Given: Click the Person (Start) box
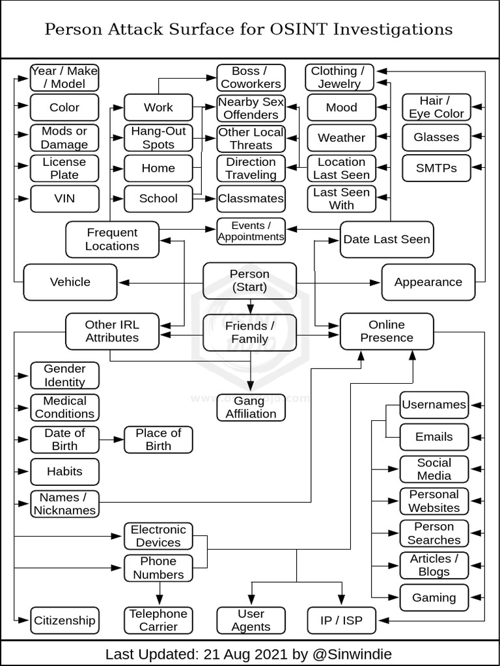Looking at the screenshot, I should pos(250,281).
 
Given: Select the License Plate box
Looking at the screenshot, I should pos(64,168).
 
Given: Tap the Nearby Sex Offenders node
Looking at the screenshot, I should pos(251,108).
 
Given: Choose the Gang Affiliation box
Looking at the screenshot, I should pos(251,407).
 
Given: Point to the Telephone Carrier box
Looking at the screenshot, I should pos(158,620).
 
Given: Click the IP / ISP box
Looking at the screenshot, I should pos(341,620).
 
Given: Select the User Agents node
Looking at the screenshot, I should pos(251,620).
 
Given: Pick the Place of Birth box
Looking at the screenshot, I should pos(158,440).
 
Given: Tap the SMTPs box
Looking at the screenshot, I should pos(436,168).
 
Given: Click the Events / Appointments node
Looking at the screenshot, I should pos(251,231).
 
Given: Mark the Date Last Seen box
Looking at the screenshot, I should pos(387,239).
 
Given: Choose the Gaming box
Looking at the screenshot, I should pos(434,597).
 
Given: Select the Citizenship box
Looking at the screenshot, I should pos(64,620).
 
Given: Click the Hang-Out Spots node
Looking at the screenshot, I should pos(158,137).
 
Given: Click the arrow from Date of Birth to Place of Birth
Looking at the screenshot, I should pos(111,440).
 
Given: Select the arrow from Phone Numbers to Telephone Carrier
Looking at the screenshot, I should pos(158,593).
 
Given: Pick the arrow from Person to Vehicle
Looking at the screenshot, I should pos(161,282).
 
